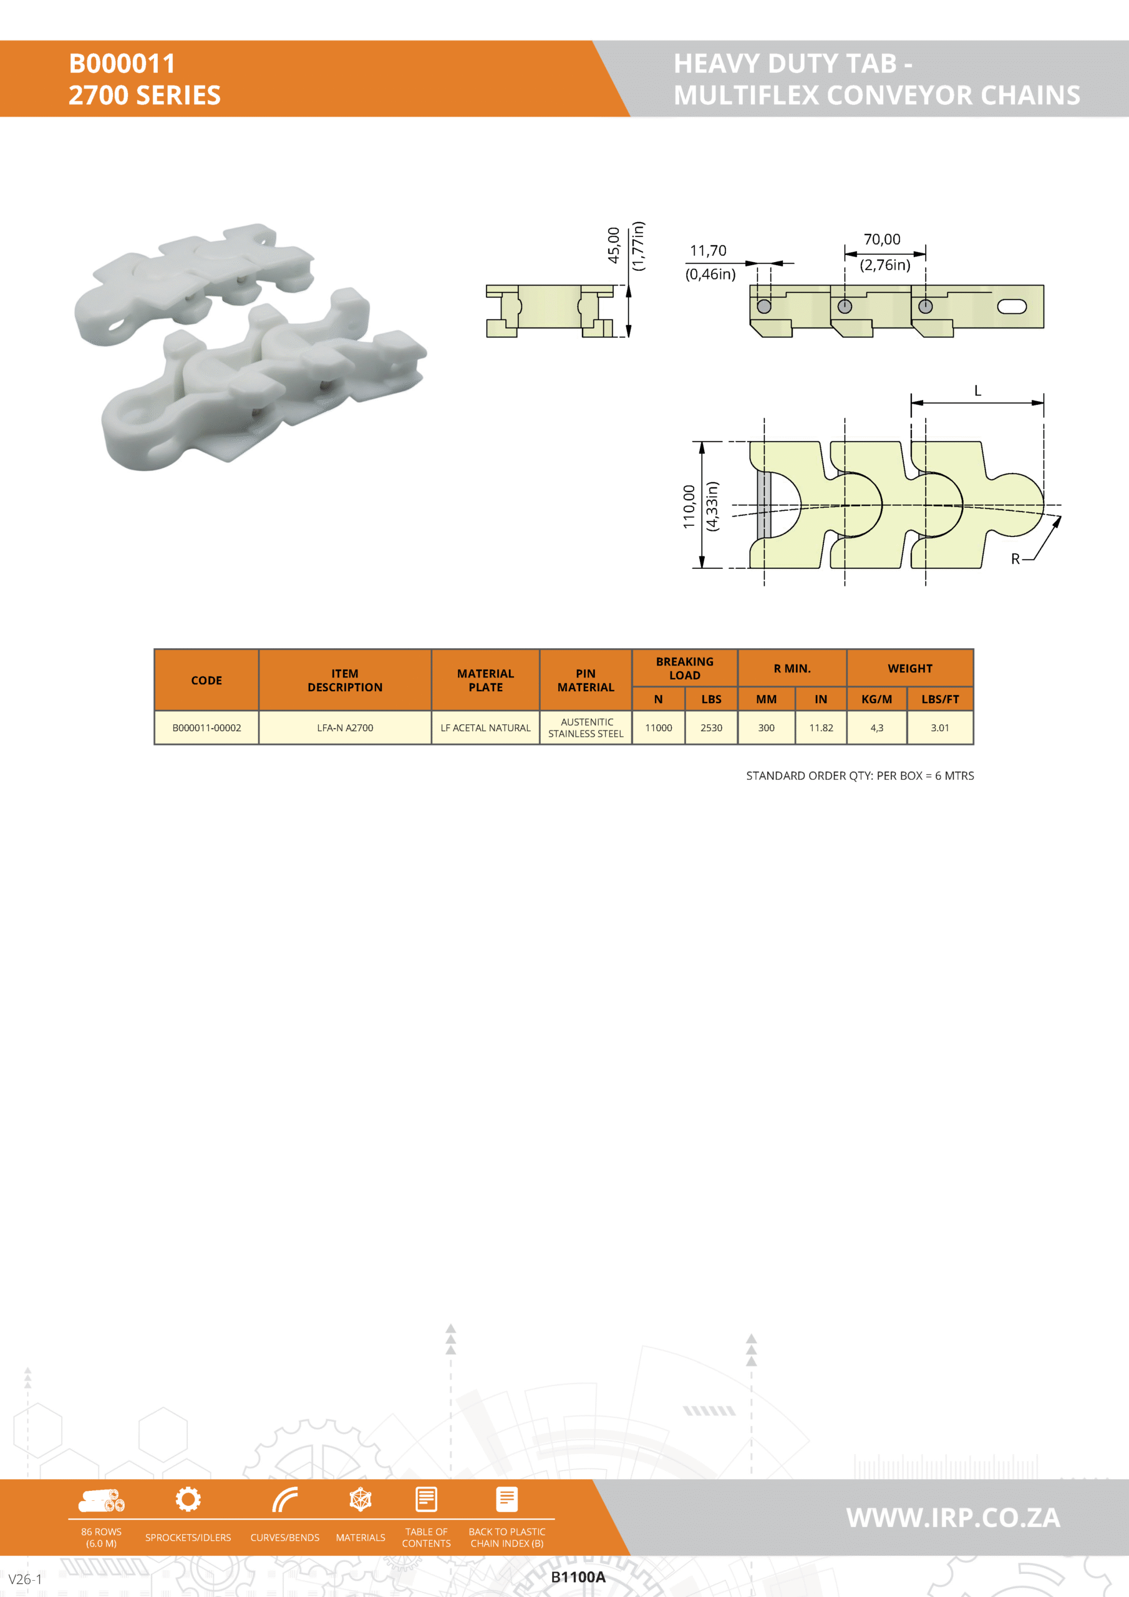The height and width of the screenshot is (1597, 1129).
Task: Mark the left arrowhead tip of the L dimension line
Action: click(x=912, y=402)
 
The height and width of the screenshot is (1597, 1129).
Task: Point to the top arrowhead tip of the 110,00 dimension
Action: click(x=702, y=442)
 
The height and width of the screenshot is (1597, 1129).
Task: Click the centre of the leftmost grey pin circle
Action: click(x=764, y=306)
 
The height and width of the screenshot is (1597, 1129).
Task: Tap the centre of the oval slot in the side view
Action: click(x=1012, y=306)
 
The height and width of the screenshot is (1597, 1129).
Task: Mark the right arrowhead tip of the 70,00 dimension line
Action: click(x=925, y=254)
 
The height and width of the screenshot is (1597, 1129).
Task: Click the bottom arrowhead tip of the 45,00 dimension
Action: click(x=628, y=337)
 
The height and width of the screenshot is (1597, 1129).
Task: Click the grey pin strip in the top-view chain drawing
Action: click(x=763, y=505)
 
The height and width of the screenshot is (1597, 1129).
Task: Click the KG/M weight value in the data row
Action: click(x=876, y=727)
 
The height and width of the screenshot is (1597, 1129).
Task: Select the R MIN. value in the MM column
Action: click(x=766, y=727)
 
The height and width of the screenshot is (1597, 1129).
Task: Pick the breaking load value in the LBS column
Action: click(x=711, y=727)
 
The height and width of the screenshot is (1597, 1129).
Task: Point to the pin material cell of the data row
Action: click(x=586, y=727)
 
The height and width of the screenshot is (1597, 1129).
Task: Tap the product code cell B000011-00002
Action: click(x=206, y=727)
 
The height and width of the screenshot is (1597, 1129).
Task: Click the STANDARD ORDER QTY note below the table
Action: click(x=860, y=775)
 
